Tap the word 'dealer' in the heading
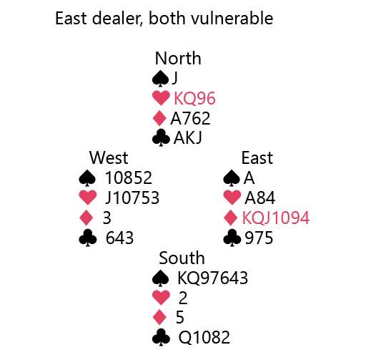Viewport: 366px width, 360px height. point(116,19)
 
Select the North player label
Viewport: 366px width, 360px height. point(178,58)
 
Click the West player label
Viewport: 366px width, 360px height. point(109,157)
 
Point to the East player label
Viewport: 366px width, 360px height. point(257,158)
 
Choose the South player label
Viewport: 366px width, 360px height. point(182,258)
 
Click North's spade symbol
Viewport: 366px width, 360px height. point(160,79)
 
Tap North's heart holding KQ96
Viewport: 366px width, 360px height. point(194,98)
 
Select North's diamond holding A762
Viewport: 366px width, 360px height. point(190,118)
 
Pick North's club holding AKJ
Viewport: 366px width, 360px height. point(188,138)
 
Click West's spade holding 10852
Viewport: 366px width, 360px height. point(129,177)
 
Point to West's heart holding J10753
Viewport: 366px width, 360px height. point(132,198)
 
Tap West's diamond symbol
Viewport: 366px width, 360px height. point(86,218)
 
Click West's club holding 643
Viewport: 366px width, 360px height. point(119,238)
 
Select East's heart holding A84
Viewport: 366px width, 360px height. point(259,198)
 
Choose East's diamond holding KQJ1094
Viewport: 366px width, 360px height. point(275,218)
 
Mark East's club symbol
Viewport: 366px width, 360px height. point(232,238)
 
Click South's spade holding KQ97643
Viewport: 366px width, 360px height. point(212,278)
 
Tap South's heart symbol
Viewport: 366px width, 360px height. point(161,298)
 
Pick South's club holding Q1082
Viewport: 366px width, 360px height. point(204,337)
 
